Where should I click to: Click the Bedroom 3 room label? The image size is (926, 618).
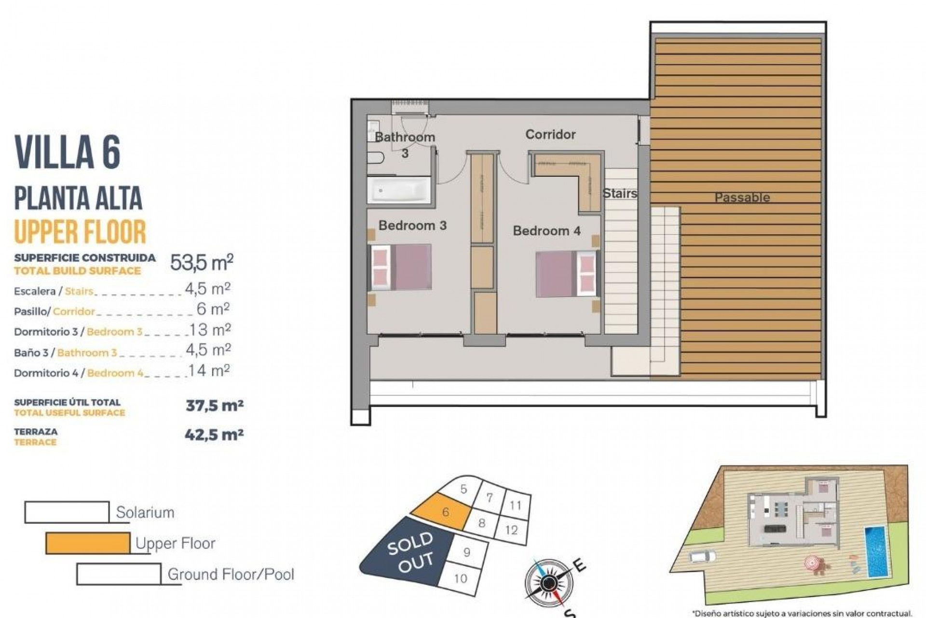tap(412, 225)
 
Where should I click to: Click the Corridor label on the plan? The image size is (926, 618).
tap(550, 134)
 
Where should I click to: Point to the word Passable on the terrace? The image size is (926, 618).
tap(742, 197)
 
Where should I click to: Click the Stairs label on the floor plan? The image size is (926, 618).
tap(620, 194)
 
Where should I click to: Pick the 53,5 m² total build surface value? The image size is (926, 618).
tap(202, 263)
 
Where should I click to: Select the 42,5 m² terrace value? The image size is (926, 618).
tap(214, 435)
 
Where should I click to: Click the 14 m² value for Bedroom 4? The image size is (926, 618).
tap(209, 371)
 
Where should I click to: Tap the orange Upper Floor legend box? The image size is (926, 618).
tap(88, 543)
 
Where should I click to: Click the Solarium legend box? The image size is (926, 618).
tap(67, 512)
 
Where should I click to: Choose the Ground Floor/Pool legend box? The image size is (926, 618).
tap(119, 574)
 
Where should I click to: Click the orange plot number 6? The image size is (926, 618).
tap(445, 512)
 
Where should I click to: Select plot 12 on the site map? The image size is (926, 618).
tap(511, 530)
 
